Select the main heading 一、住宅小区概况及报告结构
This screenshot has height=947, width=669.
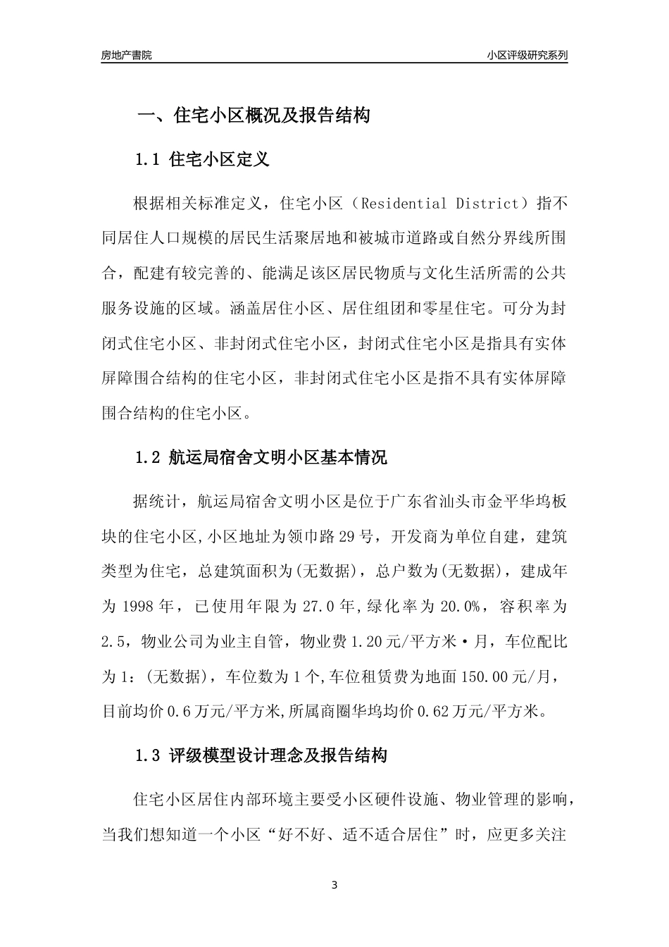pyautogui.click(x=253, y=116)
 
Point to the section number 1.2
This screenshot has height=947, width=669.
pyautogui.click(x=148, y=457)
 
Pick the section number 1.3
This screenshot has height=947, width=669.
pyautogui.click(x=148, y=756)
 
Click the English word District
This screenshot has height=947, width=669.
pyautogui.click(x=487, y=204)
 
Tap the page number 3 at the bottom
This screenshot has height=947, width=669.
pyautogui.click(x=334, y=885)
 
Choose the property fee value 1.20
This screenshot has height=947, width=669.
pyautogui.click(x=365, y=641)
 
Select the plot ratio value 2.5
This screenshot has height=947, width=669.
pyautogui.click(x=113, y=641)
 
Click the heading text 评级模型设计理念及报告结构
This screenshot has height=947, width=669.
pyautogui.click(x=278, y=756)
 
